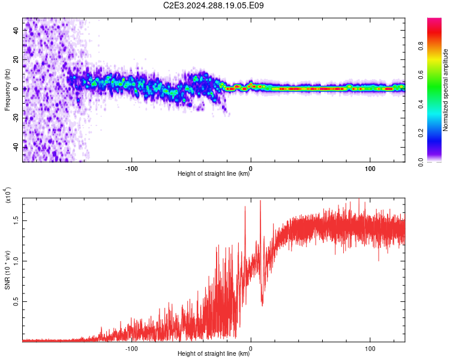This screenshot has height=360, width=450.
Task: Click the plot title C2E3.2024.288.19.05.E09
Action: (x=213, y=5)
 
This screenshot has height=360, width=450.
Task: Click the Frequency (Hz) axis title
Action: (x=7, y=90)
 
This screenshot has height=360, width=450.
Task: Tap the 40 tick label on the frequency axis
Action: (x=16, y=30)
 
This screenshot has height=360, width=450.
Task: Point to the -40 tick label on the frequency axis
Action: (x=16, y=146)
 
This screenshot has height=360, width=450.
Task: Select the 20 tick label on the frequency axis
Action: (x=16, y=59)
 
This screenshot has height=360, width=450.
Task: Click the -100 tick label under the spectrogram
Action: (x=131, y=169)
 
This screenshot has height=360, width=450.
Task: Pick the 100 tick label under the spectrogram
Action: (x=370, y=169)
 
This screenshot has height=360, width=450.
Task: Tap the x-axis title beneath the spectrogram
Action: (x=214, y=173)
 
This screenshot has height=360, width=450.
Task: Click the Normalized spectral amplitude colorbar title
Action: (x=445, y=90)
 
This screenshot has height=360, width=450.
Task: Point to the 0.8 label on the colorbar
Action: (x=421, y=46)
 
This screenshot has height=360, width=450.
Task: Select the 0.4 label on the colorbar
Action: (x=421, y=104)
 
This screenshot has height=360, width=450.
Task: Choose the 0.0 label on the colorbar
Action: (x=421, y=162)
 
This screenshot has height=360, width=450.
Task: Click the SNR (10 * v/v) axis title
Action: (x=7, y=270)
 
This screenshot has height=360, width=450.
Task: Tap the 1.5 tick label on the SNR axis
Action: (x=16, y=220)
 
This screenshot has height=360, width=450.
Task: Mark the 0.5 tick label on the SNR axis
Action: (x=16, y=301)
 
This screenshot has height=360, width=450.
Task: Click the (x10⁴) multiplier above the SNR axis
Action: (x=7, y=195)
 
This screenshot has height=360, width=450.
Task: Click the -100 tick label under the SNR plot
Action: (x=131, y=349)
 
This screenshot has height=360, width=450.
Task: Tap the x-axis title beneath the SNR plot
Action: (x=214, y=353)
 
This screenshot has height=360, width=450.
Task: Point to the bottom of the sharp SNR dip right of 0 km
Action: (x=262, y=305)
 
